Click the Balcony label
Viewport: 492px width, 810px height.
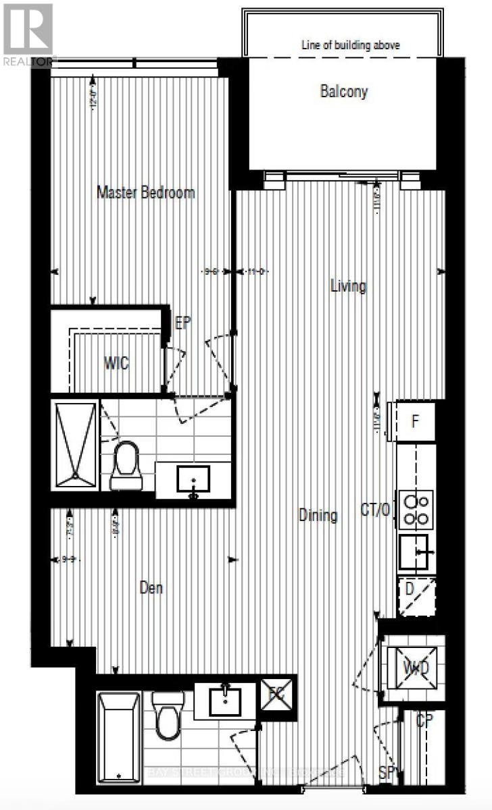click(343, 91)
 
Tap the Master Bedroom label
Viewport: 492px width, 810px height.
click(146, 192)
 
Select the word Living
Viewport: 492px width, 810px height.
click(348, 286)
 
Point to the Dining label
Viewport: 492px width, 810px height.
click(318, 516)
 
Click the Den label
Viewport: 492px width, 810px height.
click(151, 588)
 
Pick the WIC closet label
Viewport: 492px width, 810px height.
click(116, 364)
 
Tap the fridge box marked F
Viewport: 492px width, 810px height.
click(416, 423)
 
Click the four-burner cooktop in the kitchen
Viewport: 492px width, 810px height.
click(416, 510)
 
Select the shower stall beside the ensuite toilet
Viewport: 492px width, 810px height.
click(75, 444)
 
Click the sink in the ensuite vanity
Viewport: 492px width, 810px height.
click(194, 479)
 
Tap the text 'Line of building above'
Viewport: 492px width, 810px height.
click(351, 45)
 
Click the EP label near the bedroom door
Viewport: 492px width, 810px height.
click(183, 323)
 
